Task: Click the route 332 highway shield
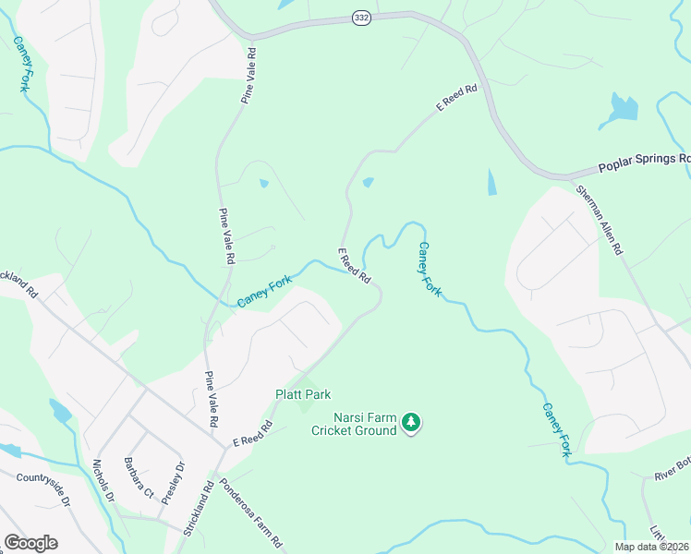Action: click(x=361, y=18)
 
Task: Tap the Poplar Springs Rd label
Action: click(x=643, y=163)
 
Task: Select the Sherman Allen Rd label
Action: click(x=600, y=220)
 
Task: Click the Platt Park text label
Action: click(x=303, y=394)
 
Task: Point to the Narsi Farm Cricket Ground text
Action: click(x=353, y=424)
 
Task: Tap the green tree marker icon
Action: click(x=411, y=423)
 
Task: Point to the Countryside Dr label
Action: click(x=42, y=489)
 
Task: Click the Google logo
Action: click(x=30, y=542)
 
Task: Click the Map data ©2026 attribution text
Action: click(x=651, y=547)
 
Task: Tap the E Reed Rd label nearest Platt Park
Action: click(x=252, y=432)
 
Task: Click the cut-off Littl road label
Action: click(x=657, y=533)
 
